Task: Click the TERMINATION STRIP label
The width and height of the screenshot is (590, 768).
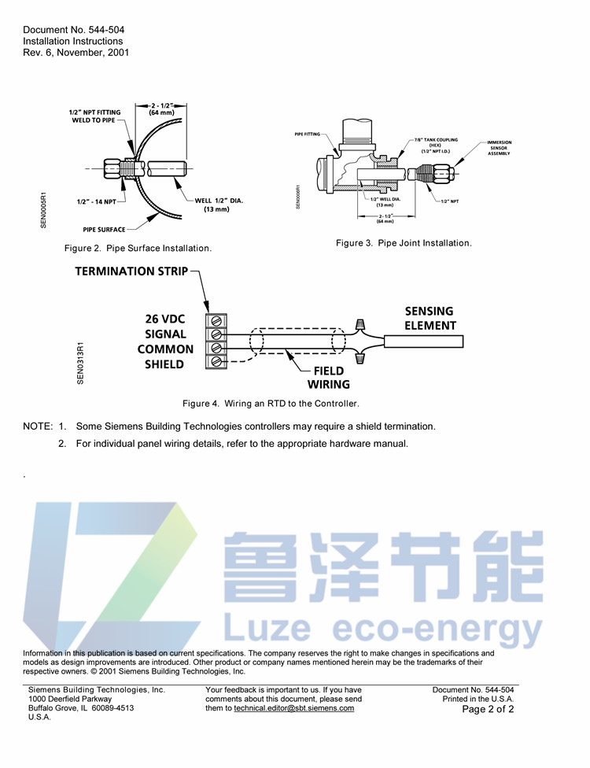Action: click(x=131, y=271)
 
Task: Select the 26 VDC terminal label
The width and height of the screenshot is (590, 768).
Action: click(x=165, y=319)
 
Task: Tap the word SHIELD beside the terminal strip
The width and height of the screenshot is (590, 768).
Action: click(x=164, y=364)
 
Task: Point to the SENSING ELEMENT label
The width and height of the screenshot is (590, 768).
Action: click(x=430, y=318)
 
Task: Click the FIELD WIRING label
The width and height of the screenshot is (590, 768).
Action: click(x=328, y=378)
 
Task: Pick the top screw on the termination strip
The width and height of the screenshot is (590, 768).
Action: click(x=216, y=321)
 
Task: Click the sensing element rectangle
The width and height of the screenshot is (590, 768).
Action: click(x=423, y=341)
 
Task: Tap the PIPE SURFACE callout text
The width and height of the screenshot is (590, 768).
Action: click(x=104, y=230)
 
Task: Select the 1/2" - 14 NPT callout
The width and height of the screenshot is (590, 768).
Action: click(x=96, y=202)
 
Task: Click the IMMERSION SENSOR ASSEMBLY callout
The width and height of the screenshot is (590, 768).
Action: click(x=498, y=148)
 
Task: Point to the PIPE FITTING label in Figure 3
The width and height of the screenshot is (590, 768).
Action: click(x=308, y=135)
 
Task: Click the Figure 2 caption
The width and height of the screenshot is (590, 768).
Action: click(x=138, y=249)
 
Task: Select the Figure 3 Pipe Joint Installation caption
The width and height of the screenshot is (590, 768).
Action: click(x=404, y=243)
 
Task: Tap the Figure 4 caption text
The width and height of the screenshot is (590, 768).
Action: click(x=271, y=404)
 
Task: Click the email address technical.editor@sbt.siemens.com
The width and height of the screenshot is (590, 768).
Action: click(x=293, y=708)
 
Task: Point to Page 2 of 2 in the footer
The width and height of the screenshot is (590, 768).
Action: click(x=488, y=709)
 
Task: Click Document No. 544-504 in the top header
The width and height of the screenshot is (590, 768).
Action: click(x=73, y=30)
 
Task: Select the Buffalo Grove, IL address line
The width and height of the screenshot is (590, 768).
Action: click(x=81, y=708)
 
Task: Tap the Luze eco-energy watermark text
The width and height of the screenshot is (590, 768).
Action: click(x=384, y=630)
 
